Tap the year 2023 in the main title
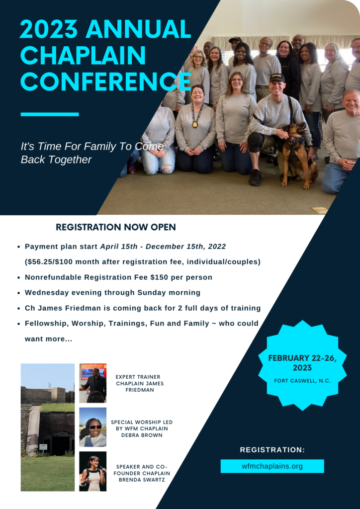(49, 29)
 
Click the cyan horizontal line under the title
(50, 114)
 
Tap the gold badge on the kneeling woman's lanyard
(195, 124)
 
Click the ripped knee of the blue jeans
(167, 168)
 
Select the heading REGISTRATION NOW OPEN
(116, 227)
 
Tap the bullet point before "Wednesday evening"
(19, 293)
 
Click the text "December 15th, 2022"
(185, 247)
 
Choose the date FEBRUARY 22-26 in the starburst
(302, 358)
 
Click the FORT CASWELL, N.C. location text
(302, 381)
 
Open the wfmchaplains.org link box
(272, 466)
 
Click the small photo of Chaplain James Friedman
(93, 383)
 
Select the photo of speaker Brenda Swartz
(93, 471)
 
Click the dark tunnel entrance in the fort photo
(61, 446)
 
